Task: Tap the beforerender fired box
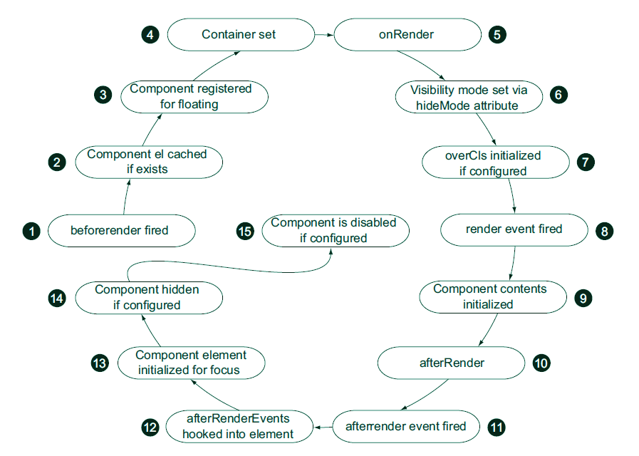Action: click(120, 230)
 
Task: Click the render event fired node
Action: click(514, 229)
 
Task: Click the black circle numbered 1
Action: click(31, 230)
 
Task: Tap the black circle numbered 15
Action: click(244, 230)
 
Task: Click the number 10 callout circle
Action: click(541, 363)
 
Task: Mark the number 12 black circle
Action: click(150, 427)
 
